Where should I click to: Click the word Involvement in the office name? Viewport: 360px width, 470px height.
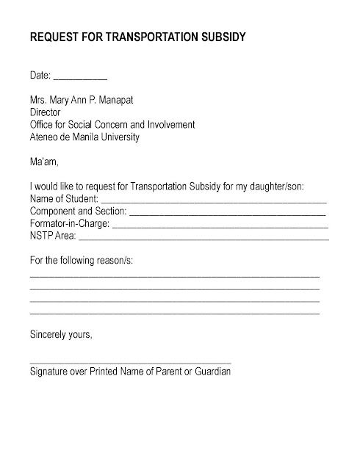pyautogui.click(x=170, y=125)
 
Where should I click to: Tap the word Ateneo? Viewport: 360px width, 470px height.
pyautogui.click(x=46, y=137)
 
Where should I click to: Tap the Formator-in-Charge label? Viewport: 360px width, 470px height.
pyautogui.click(x=70, y=224)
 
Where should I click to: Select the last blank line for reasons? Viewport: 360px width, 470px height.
pyautogui.click(x=174, y=314)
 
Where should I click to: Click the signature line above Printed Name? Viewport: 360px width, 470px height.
pyautogui.click(x=130, y=363)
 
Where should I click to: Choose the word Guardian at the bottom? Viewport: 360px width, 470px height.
pyautogui.click(x=212, y=372)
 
